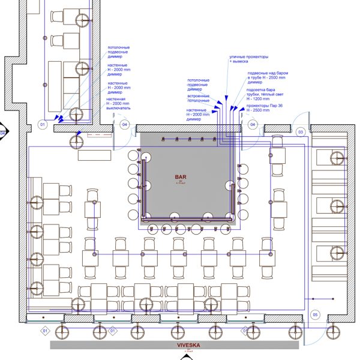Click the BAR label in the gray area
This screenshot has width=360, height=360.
pos(181,178)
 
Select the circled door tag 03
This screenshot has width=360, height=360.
pos(301,131)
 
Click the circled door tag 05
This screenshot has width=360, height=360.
pos(314,314)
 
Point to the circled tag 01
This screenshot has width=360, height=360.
pos(42,125)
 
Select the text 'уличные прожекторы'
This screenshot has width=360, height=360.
pos(248,56)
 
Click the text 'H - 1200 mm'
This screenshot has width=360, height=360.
pos(259,98)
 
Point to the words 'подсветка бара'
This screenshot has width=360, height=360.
pos(262,88)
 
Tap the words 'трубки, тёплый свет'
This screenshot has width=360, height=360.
pos(267,94)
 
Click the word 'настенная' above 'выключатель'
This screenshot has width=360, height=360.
pos(117,98)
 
